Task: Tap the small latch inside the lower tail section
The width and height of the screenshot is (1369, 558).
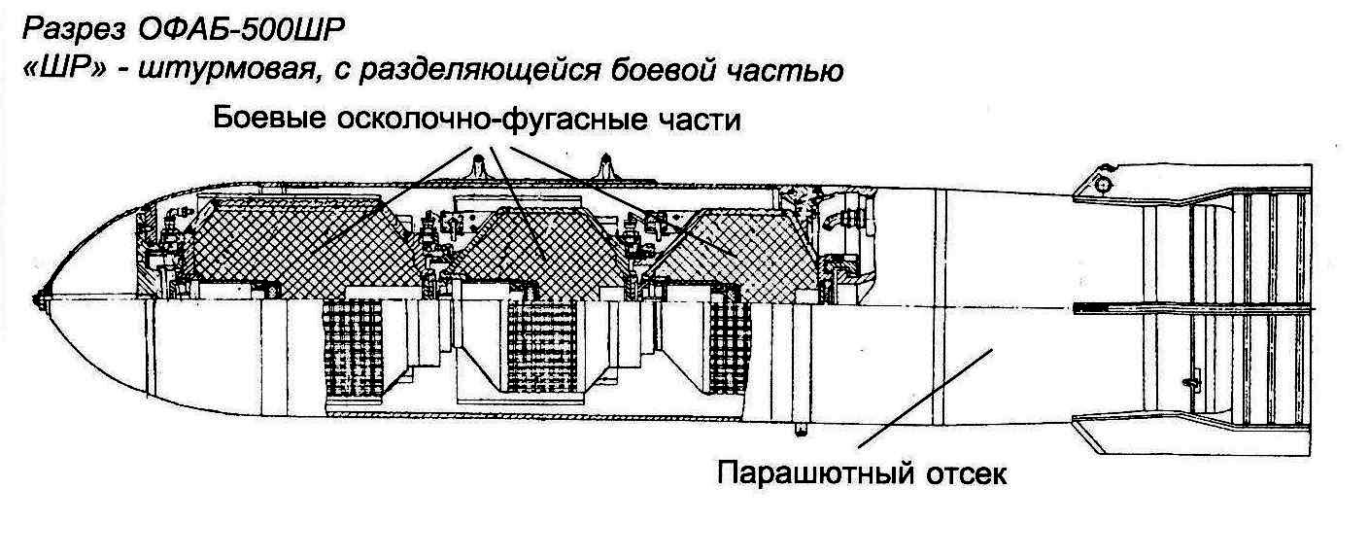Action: (1187, 385)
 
